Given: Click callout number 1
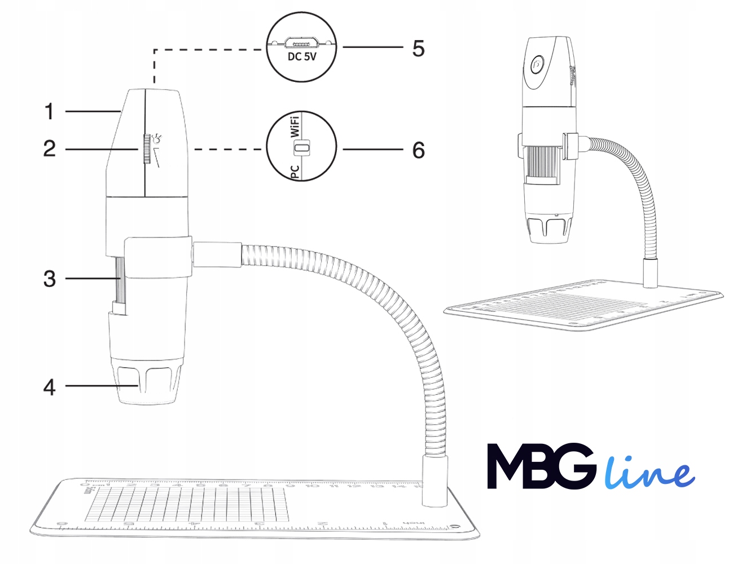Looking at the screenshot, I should coord(50,112).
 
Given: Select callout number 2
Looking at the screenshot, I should coord(50,149).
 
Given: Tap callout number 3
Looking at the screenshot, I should coord(50,279).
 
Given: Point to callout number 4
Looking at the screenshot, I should coord(50,387).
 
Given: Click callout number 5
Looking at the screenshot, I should coord(418,49).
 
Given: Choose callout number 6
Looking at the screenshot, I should coord(418,150).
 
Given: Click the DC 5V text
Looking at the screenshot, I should coord(302,57).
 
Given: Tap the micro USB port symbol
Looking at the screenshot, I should coord(302,42).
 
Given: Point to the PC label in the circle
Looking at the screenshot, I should coord(295,171).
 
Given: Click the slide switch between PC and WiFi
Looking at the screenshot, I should coord(303,148).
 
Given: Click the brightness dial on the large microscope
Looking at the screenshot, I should coord(146,149).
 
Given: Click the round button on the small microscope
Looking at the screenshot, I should coord(537,64).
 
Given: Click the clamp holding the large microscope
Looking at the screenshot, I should coord(158,257).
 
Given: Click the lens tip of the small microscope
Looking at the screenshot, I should coord(548,229).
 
